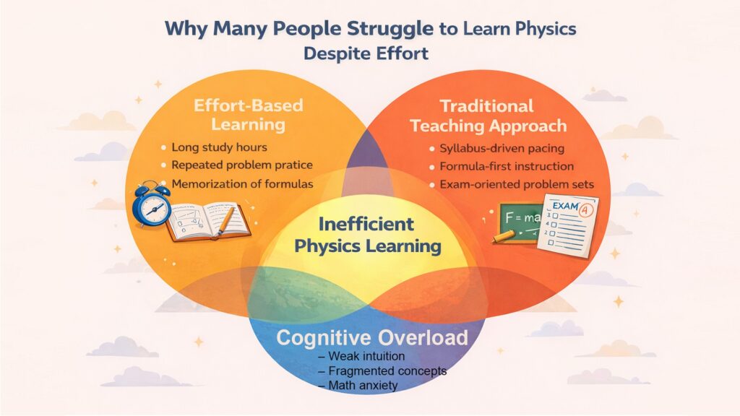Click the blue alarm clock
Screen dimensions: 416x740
(x=152, y=205)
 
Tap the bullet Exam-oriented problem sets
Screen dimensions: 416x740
(x=516, y=185)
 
